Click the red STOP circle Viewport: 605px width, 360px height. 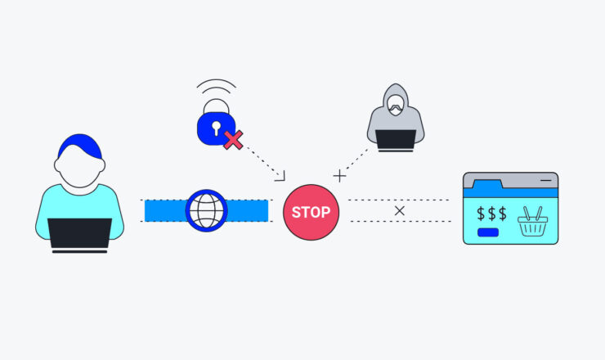click(x=311, y=212)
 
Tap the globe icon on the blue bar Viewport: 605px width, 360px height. click(x=206, y=211)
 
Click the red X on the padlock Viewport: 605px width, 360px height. click(x=233, y=139)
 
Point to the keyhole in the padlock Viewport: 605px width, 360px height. click(x=215, y=127)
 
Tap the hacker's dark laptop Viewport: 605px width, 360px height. click(x=396, y=140)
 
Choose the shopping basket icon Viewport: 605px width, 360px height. click(x=532, y=220)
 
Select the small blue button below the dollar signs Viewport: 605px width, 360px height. click(x=488, y=232)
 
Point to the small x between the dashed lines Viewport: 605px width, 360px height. click(x=399, y=211)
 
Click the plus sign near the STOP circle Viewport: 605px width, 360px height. click(x=339, y=175)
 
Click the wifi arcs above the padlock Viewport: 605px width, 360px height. click(x=215, y=88)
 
